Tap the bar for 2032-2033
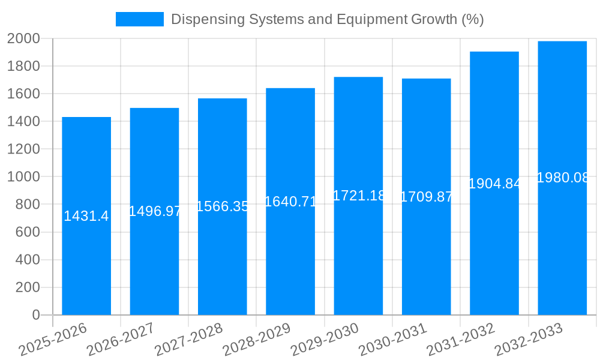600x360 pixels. [562, 252]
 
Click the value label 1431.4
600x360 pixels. [86, 216]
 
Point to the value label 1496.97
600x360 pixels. [155, 211]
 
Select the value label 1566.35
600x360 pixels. [223, 206]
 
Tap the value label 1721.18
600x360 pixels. [358, 196]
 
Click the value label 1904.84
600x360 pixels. [494, 184]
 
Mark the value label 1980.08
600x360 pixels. [562, 178]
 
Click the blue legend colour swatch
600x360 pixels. [139, 19]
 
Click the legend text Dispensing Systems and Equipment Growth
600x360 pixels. [327, 19]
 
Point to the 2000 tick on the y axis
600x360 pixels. [23, 38]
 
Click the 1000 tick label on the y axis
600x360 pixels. [23, 177]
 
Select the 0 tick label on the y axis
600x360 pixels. [35, 315]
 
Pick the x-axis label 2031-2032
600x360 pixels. [461, 339]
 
